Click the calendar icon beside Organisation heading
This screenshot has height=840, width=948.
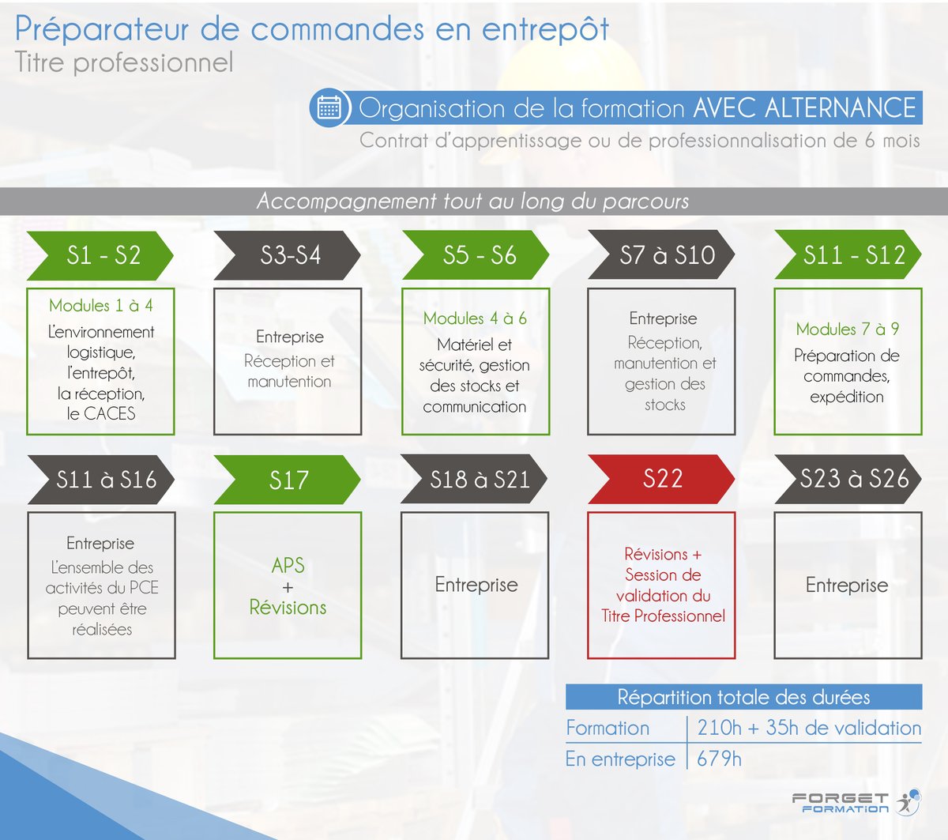click(329, 107)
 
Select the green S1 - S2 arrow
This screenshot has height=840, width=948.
click(100, 255)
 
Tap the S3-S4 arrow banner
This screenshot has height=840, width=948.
click(288, 255)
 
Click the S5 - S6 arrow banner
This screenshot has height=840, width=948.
click(476, 255)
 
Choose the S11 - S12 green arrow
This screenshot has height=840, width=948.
click(848, 255)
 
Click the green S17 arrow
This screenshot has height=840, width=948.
click(288, 480)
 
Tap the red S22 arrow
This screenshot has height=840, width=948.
click(662, 479)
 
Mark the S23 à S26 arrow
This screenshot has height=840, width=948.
click(849, 479)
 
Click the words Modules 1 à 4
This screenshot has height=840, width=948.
click(100, 306)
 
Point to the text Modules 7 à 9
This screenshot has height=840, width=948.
click(847, 330)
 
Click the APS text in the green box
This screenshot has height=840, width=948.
click(288, 566)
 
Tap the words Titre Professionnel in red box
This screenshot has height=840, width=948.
click(663, 616)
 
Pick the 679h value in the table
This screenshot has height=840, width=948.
click(719, 759)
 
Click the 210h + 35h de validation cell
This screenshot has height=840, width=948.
click(808, 728)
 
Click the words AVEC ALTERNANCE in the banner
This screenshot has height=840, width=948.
click(804, 108)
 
